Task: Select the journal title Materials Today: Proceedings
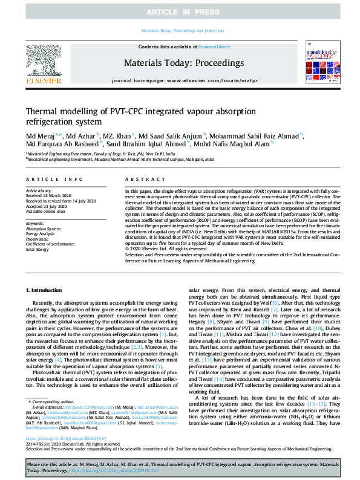180,62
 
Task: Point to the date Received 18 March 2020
48,195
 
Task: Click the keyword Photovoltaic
38,239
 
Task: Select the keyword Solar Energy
38,248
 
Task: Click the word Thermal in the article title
44,112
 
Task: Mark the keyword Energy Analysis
41,234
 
